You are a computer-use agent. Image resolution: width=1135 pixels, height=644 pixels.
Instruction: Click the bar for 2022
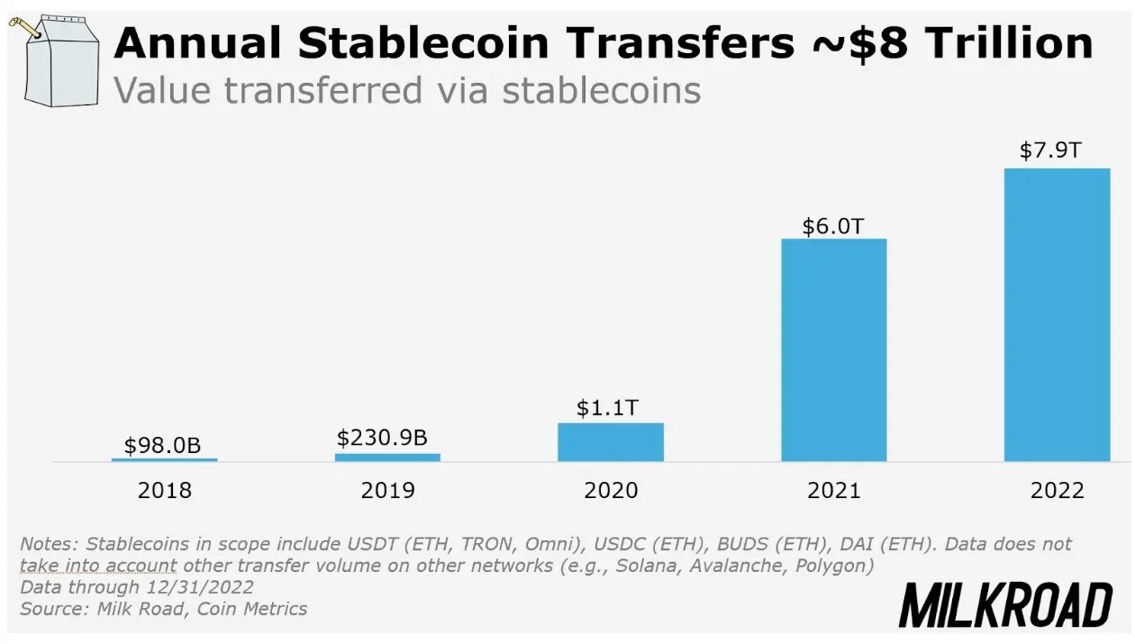(x=1057, y=315)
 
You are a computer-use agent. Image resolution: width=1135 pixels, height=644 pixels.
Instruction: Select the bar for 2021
(x=833, y=350)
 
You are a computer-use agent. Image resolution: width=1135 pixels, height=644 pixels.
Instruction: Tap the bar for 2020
(x=611, y=442)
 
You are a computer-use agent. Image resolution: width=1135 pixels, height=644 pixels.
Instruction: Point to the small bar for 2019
(x=387, y=458)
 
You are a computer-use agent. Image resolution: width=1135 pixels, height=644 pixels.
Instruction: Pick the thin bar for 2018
(x=164, y=459)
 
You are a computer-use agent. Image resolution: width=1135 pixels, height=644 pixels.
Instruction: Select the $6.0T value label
(x=833, y=224)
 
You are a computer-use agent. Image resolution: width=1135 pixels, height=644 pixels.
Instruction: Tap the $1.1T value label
(x=610, y=407)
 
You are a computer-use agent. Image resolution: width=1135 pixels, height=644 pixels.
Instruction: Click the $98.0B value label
(x=163, y=445)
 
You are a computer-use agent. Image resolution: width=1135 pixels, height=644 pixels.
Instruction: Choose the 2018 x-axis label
(x=164, y=491)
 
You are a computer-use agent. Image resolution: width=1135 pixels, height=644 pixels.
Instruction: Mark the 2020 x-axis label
(x=611, y=491)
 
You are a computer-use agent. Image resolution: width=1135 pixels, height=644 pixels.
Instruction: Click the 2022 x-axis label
(x=1058, y=491)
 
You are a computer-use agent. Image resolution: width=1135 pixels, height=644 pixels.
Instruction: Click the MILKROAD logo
(x=1006, y=604)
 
